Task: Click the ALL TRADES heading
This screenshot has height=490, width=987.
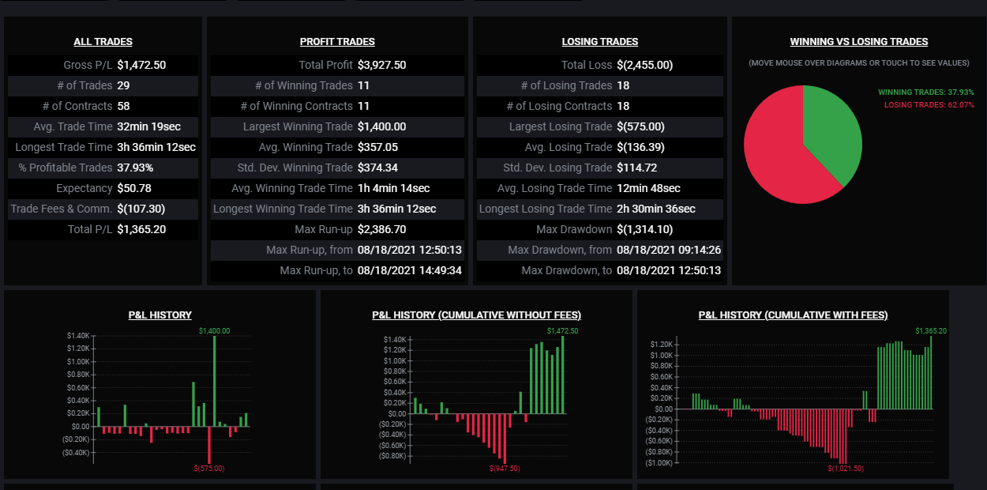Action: coord(103,41)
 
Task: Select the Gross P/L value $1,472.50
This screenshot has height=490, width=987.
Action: coord(141,65)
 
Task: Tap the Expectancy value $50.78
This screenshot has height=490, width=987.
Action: coord(134,188)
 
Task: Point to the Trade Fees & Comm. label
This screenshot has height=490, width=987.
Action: coord(62,209)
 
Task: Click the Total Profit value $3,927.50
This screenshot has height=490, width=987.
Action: coord(381,65)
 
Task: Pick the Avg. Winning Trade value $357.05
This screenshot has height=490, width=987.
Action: coord(377,147)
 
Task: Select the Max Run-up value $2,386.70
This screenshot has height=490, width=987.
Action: coord(381,229)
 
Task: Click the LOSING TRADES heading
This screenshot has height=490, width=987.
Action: coord(599,41)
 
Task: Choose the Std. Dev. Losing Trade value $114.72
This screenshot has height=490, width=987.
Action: coord(636,168)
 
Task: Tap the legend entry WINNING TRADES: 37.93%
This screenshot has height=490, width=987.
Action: coord(925,92)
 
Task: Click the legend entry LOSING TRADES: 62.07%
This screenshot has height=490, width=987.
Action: coord(929,105)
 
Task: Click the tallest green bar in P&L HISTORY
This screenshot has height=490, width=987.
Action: coord(215,381)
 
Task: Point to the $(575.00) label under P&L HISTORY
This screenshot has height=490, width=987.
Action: coord(209,469)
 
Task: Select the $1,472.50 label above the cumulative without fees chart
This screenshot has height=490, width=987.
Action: coord(563,331)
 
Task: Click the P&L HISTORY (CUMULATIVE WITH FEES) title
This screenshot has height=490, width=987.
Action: coord(793,315)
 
